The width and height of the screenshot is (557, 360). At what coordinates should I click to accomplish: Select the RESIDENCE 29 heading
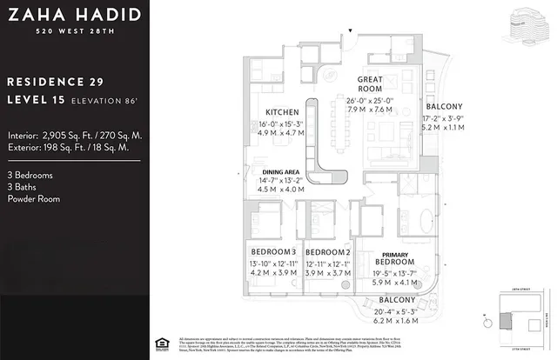(54, 82)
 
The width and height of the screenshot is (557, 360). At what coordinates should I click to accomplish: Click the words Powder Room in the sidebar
(34, 198)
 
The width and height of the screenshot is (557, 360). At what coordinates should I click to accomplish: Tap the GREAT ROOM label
(371, 83)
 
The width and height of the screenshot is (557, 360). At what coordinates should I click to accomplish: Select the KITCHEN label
(283, 112)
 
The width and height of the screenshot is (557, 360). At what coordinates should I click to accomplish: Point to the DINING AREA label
(281, 171)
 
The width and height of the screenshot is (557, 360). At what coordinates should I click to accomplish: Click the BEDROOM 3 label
(267, 252)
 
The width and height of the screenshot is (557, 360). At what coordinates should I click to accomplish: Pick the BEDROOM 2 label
(327, 252)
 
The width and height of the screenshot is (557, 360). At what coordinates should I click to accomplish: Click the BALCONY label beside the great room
(442, 106)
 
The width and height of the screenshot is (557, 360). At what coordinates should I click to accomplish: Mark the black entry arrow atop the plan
(350, 32)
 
